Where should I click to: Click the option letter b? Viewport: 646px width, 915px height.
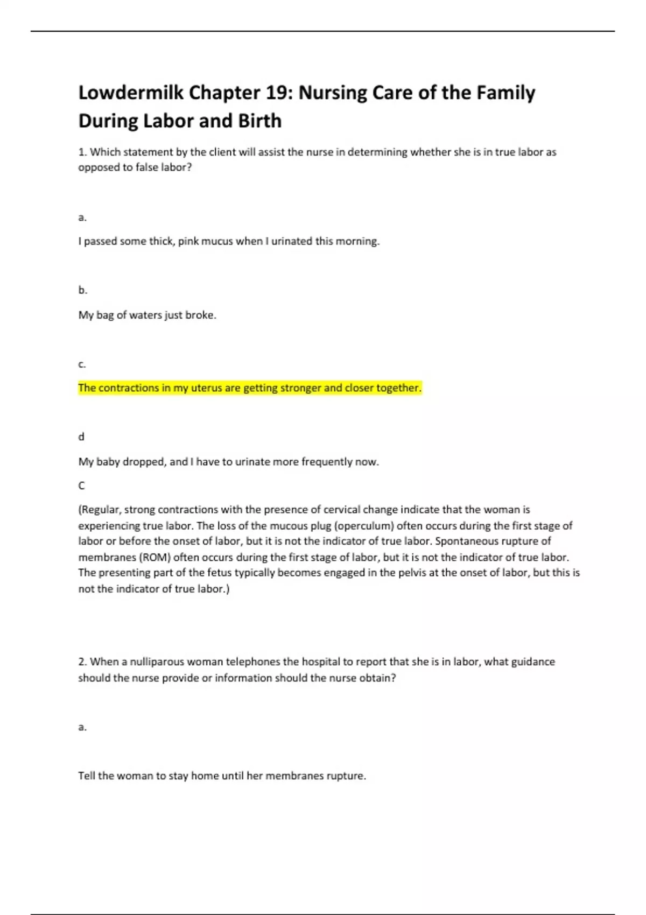82,290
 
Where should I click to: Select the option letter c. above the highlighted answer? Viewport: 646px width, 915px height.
82,364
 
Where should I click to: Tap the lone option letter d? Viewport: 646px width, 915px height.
81,437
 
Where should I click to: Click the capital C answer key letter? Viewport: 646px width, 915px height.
82,485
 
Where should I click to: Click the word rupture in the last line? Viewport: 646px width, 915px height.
346,776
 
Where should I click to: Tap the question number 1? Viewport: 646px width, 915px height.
82,152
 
